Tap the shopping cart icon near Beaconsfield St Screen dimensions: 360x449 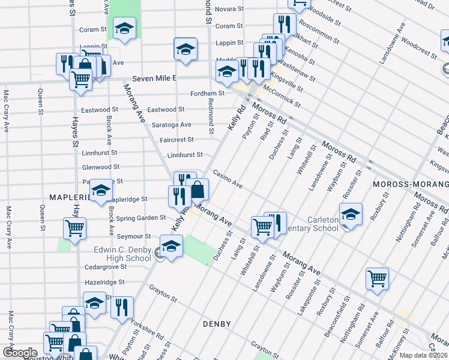[x=377, y=278]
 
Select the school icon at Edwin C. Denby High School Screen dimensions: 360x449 [x=171, y=247]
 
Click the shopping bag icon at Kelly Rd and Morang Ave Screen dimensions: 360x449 [x=197, y=190]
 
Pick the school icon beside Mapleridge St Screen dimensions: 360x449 [x=101, y=190]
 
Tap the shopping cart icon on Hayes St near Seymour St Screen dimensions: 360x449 [x=75, y=228]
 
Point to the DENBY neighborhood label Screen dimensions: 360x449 [x=217, y=324]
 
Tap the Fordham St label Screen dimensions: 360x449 [x=207, y=94]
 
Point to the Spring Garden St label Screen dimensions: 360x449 [x=141, y=218]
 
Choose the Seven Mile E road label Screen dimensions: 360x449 [x=155, y=78]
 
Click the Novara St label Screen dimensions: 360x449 [x=229, y=10]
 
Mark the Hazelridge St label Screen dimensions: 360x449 [x=104, y=281]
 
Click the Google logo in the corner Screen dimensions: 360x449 [x=20, y=353]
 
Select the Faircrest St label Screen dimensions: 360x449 [x=176, y=140]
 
